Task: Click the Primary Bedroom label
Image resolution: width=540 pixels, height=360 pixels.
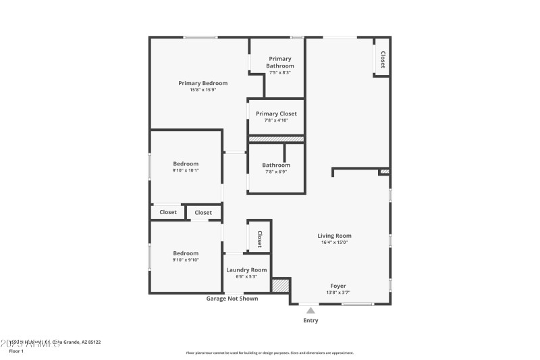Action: pos(202,83)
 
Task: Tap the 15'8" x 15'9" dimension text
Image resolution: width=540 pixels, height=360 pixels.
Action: pos(202,90)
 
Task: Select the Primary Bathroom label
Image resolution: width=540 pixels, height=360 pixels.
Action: pos(279,62)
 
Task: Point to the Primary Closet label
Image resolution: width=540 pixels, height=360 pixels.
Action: pos(276,113)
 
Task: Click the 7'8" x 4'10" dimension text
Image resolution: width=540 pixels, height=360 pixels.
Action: pos(276,120)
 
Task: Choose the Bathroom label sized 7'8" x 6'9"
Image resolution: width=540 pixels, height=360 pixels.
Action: pos(276,165)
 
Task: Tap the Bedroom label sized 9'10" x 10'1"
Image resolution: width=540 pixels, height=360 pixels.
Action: pos(186,163)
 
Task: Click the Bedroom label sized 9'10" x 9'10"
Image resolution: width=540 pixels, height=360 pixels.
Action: pos(186,253)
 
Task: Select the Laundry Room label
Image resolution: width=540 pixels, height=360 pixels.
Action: pos(246,269)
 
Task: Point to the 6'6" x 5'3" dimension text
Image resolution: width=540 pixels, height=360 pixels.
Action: pos(246,276)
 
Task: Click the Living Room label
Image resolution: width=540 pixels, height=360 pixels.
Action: pos(334,236)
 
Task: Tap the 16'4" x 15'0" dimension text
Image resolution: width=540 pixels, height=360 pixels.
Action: pos(334,242)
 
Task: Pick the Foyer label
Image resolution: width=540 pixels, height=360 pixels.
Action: pos(339,286)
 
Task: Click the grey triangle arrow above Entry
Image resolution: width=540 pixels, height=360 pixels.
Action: pos(310,311)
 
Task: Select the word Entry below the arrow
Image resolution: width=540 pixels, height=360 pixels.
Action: pos(310,320)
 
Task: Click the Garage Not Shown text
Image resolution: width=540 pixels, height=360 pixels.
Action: pos(232,299)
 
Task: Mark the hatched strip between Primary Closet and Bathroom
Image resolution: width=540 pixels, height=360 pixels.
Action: pos(276,139)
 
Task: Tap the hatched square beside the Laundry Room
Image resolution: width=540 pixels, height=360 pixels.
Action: pos(280,286)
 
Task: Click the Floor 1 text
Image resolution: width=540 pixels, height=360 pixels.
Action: pos(16,351)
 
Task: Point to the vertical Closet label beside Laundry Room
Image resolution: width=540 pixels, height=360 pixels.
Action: pos(259,238)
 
